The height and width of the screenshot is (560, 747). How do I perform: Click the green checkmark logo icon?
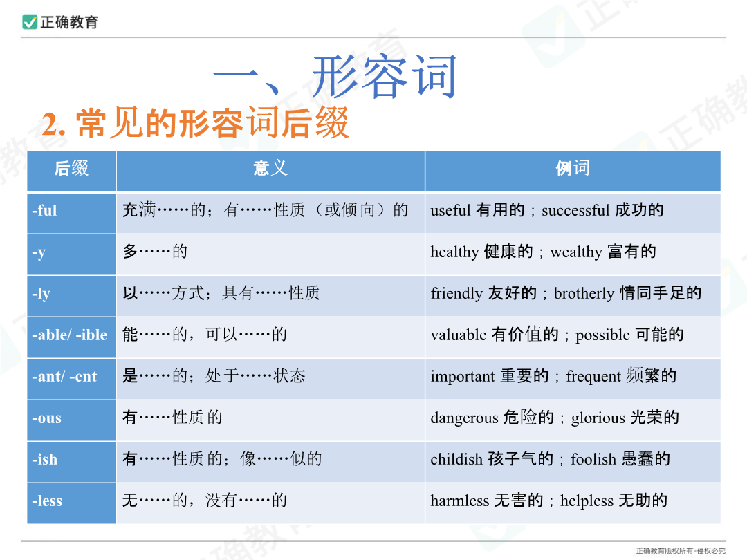click(30, 22)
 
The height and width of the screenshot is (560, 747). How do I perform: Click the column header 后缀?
click(71, 168)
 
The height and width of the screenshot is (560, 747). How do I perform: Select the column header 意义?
click(270, 168)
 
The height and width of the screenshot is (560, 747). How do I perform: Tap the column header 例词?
click(573, 168)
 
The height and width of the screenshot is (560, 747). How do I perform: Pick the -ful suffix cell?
click(71, 213)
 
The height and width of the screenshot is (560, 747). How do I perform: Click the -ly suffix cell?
click(71, 296)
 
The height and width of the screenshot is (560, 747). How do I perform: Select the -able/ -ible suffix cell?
click(71, 337)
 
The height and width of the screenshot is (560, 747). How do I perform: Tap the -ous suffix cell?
click(71, 420)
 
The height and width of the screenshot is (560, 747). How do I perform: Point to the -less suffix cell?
click(71, 503)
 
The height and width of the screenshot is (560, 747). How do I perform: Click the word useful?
click(451, 210)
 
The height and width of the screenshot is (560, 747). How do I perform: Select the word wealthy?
click(576, 252)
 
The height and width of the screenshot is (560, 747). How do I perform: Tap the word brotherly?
click(584, 293)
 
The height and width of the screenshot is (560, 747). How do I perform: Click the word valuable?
click(459, 335)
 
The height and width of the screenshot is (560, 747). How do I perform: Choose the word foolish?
click(593, 459)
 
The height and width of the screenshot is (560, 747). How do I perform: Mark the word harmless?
click(460, 501)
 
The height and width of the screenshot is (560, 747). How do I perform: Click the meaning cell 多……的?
click(155, 252)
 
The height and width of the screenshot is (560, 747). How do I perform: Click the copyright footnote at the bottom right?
click(681, 551)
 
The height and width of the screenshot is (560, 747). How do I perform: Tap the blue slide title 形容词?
click(384, 76)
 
